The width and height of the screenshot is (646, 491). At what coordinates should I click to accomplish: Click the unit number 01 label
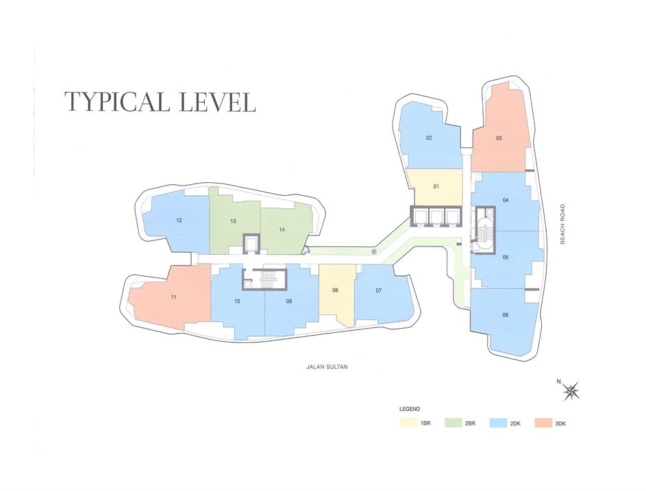coord(436,186)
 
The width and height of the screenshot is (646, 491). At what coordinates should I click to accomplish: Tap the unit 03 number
coord(499,138)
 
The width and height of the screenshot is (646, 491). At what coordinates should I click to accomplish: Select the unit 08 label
coord(335,290)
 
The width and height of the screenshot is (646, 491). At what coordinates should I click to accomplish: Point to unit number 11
coord(173,297)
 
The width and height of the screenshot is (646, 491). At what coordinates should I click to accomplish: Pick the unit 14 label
coord(282,230)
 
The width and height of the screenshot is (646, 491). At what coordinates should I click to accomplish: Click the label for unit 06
coord(506,315)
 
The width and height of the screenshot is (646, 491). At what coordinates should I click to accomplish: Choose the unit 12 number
coord(179,221)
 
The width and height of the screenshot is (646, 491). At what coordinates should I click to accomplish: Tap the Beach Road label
coord(562,225)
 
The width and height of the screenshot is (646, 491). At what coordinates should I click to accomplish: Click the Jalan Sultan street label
coord(327,366)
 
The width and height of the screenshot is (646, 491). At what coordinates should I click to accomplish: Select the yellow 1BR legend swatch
coord(408,423)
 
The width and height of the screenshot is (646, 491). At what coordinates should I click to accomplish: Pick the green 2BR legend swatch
coord(454,423)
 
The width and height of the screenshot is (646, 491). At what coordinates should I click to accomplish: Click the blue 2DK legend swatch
coord(498,423)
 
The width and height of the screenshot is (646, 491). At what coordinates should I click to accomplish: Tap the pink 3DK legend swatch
coord(543,423)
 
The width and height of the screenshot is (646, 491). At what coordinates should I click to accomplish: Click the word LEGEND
coord(410,409)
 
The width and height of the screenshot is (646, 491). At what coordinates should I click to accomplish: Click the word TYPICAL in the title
coord(117,102)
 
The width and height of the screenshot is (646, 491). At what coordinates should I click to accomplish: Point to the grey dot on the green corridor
coord(373,251)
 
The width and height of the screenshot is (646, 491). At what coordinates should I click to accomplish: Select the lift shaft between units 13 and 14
coord(250,244)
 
